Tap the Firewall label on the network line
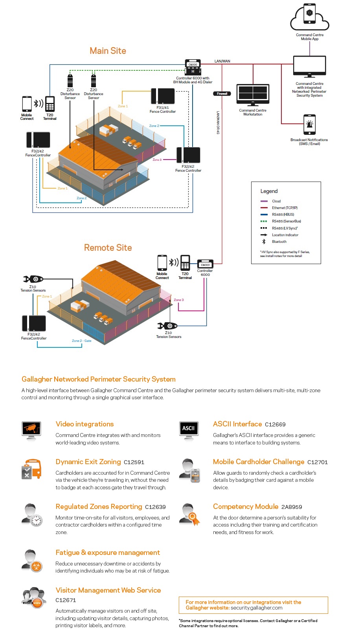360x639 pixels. [x=222, y=94]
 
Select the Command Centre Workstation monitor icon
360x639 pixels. [x=253, y=95]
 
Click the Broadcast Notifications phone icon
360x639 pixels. [x=310, y=125]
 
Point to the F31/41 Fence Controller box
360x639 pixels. [x=163, y=96]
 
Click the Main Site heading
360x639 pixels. [x=108, y=51]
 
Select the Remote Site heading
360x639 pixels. [x=108, y=248]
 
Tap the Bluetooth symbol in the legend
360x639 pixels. [x=264, y=242]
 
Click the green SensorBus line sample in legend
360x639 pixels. [x=264, y=221]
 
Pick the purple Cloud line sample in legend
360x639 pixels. [x=264, y=201]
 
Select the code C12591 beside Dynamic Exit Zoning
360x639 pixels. [x=134, y=463]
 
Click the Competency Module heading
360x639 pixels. [x=246, y=507]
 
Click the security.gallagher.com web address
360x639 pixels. [x=257, y=608]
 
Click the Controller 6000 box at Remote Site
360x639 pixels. [x=205, y=264]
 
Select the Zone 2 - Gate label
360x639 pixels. [x=82, y=341]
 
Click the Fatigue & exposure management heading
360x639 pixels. [x=108, y=553]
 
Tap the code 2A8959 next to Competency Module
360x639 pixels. [x=292, y=507]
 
